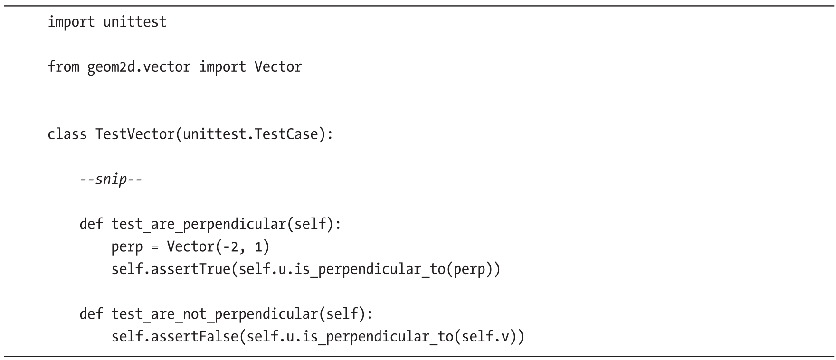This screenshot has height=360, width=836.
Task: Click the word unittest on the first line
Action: tap(135, 22)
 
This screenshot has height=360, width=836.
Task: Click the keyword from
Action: tap(63, 66)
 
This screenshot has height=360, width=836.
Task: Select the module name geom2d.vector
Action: tap(139, 66)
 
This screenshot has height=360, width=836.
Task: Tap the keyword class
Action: tap(67, 134)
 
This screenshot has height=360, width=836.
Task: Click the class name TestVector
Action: tap(135, 134)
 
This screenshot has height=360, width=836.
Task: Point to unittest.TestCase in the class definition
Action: tap(250, 134)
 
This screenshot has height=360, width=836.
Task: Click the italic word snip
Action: tap(111, 180)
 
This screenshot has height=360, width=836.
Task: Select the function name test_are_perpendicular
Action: tap(198, 224)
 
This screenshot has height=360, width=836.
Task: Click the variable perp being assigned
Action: tap(127, 247)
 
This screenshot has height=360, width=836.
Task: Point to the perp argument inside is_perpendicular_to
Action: tap(469, 269)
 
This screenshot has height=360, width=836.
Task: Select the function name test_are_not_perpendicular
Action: tap(214, 314)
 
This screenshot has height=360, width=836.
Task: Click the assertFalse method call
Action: tap(198, 337)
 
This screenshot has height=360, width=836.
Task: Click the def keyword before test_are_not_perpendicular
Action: tap(91, 314)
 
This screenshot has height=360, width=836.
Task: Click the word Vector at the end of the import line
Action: tap(278, 66)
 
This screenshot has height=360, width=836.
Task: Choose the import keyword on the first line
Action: tap(71, 22)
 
